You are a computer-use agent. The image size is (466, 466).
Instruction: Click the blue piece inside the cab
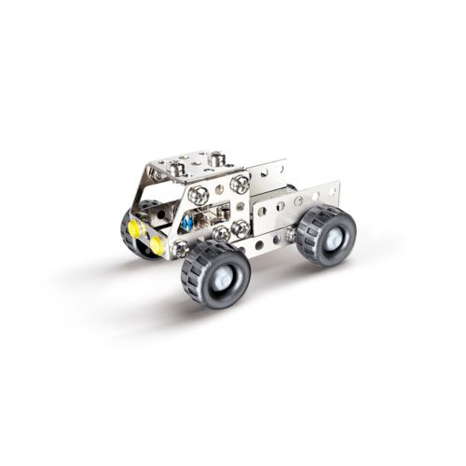(x=186, y=224)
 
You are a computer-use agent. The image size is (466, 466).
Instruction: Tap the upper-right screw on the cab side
(x=240, y=184)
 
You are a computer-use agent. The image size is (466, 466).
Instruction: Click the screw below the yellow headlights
(x=180, y=249)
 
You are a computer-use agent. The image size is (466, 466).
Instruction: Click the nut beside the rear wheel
(x=292, y=232)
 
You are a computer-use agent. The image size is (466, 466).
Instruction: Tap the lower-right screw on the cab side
(x=240, y=227)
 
